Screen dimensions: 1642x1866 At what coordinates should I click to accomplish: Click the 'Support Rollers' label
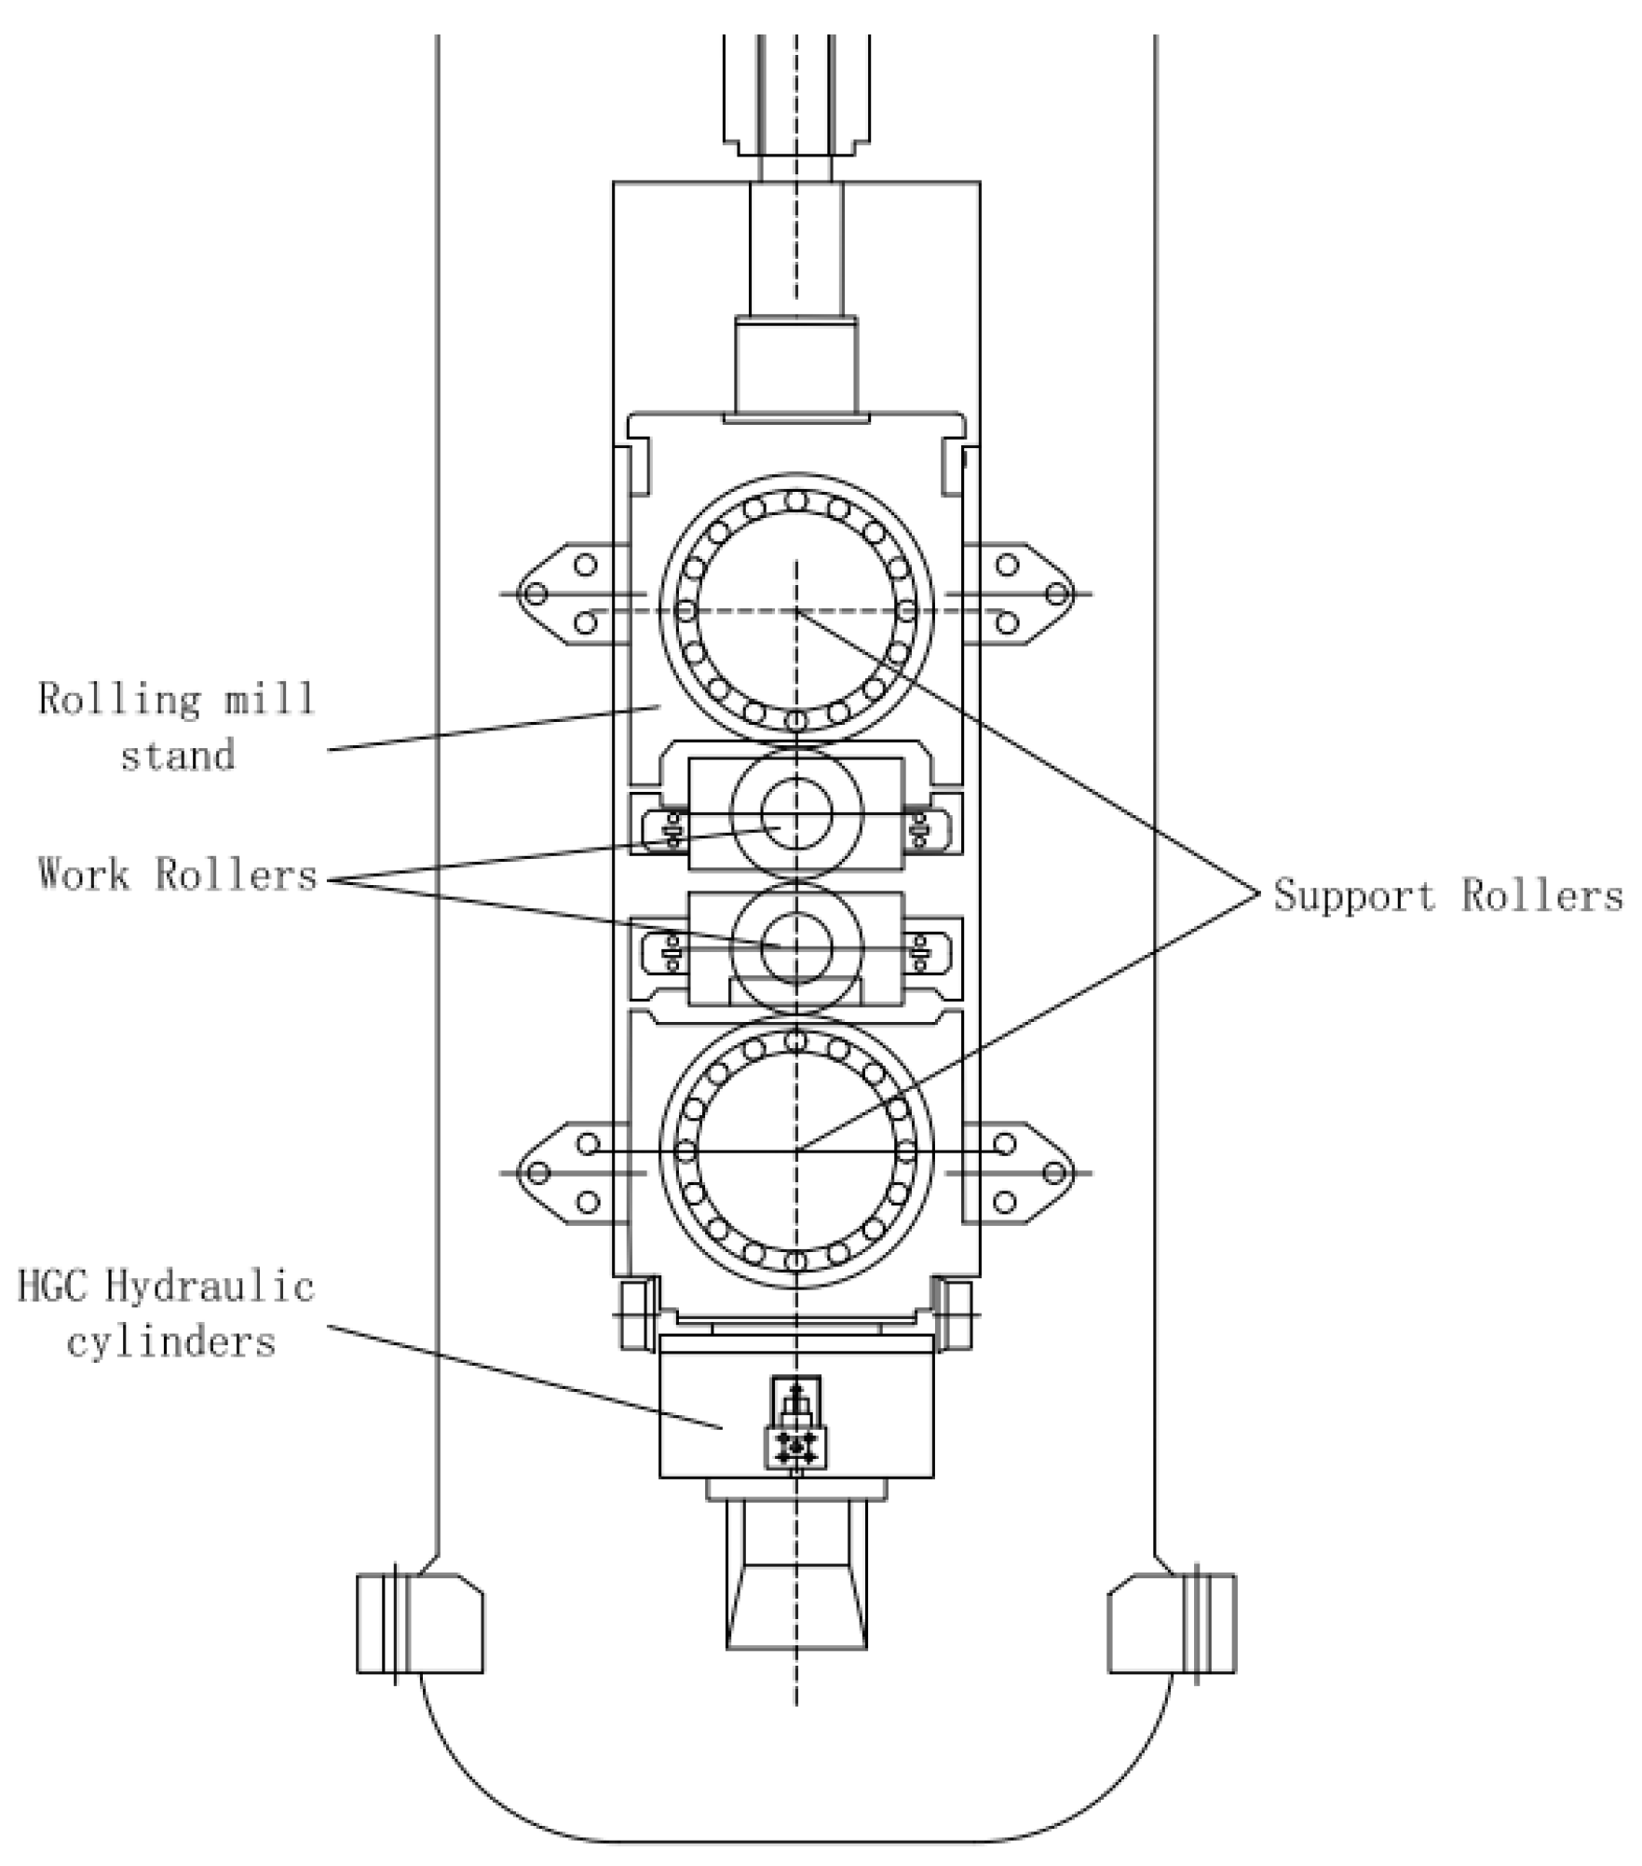coord(1447,896)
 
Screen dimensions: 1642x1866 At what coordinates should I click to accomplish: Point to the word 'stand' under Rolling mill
coord(177,755)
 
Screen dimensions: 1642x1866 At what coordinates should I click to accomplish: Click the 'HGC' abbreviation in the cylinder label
coord(56,1287)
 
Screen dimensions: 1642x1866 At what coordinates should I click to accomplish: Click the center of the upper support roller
coord(795,611)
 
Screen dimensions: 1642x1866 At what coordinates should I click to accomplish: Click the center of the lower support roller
coord(795,1151)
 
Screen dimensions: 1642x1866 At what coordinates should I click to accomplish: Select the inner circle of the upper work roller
coord(795,812)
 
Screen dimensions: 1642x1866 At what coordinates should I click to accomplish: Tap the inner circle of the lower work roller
coord(795,947)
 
